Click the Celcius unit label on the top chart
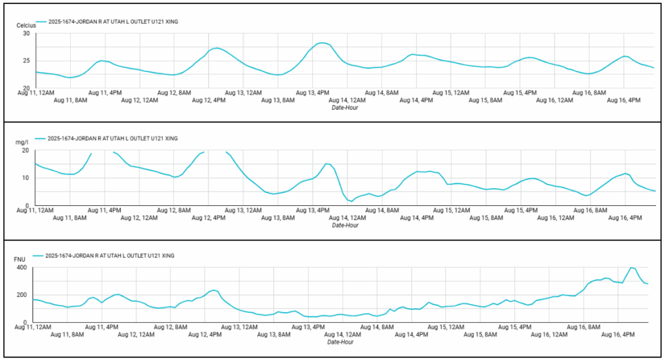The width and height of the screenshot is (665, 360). click(27, 25)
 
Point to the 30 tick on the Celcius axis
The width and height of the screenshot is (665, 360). click(27, 34)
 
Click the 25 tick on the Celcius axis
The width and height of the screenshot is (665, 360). click(27, 61)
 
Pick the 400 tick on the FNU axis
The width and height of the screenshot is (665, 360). click(22, 268)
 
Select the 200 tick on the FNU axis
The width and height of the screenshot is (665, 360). click(22, 295)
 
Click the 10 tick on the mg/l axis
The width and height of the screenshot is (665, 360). click(26, 178)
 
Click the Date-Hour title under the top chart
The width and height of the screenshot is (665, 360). click(345, 108)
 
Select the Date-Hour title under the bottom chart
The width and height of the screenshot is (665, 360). click(341, 342)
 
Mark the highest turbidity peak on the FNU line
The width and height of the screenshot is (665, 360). click(631, 268)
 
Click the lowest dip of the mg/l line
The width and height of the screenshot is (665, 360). click(351, 201)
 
